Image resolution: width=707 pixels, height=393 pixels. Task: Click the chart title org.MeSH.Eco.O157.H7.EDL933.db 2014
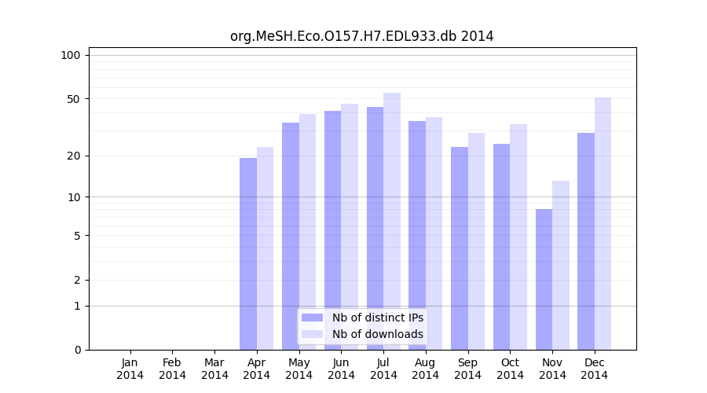tap(361, 36)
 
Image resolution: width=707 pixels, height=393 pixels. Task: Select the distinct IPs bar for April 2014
tap(248, 253)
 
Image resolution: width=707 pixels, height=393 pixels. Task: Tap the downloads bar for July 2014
tap(392, 221)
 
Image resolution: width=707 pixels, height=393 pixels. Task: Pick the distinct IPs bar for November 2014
tap(544, 279)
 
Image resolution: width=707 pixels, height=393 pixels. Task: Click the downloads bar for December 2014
tap(603, 223)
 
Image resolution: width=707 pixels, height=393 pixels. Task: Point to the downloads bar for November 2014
tap(561, 265)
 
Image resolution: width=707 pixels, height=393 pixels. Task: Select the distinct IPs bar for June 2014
tap(332, 230)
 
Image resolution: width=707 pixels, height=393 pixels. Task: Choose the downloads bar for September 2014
tap(476, 241)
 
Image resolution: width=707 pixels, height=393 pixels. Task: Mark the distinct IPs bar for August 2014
tap(417, 235)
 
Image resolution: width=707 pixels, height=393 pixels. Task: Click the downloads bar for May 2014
tap(307, 231)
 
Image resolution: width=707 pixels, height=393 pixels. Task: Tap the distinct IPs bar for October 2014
tap(501, 246)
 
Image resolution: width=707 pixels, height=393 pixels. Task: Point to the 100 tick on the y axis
tap(71, 55)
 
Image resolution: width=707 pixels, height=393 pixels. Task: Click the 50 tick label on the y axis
tap(74, 99)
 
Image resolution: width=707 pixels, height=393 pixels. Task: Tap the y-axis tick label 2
tap(77, 280)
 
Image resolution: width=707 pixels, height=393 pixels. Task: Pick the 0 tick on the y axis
tap(77, 350)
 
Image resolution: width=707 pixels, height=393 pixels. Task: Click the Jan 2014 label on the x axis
tap(130, 369)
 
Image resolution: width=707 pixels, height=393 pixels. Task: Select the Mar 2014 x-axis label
tap(214, 369)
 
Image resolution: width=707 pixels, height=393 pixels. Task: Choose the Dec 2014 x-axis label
tap(594, 369)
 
